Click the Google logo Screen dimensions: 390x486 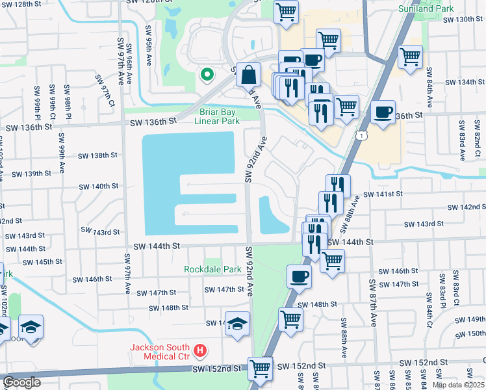point(21,382)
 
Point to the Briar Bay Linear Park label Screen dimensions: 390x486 point(217,116)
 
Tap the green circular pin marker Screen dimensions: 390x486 point(207,75)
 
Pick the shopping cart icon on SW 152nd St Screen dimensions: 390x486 point(260,368)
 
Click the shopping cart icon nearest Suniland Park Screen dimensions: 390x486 point(411,57)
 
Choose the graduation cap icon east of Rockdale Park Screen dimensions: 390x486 point(238,324)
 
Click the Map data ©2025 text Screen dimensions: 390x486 point(459,385)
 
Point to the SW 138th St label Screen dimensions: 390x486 point(97,156)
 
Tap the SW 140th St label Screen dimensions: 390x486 point(99,186)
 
